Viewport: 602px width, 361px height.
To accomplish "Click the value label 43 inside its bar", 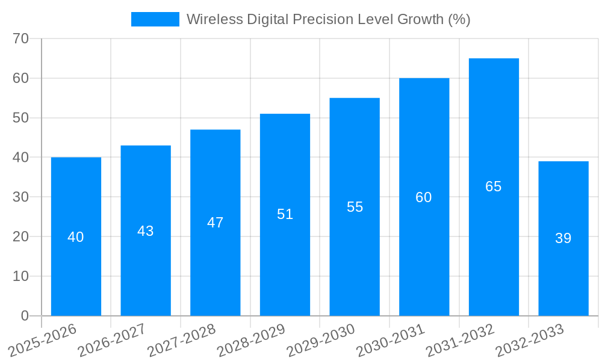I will coord(146,231).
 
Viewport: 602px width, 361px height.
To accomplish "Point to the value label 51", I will coord(285,214).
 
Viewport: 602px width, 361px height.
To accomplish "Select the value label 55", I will coord(355,207).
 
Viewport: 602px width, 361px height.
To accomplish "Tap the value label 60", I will coord(424,197).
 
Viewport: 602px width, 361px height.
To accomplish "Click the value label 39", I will coord(563,238).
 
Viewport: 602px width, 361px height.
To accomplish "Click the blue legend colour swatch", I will coord(155,19).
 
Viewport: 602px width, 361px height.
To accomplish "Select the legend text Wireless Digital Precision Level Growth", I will coord(328,19).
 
